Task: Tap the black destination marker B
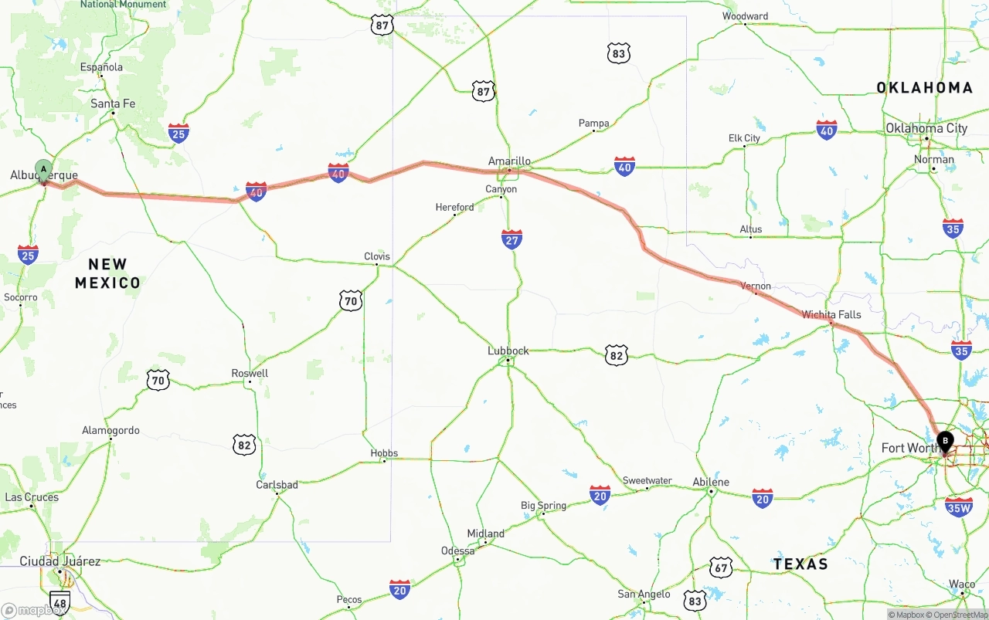pos(945,442)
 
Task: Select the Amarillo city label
pos(509,161)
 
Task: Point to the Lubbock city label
pos(508,351)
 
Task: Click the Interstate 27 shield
pos(511,239)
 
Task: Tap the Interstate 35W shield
pos(959,507)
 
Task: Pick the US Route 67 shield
pos(721,567)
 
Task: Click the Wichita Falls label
pos(831,314)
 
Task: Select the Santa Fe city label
pos(113,103)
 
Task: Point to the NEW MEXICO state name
pos(108,273)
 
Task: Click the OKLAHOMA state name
pos(924,87)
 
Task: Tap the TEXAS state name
pos(800,564)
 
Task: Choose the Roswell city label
pos(250,373)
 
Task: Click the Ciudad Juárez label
pos(60,561)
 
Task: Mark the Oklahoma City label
pos(926,128)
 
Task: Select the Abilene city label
pos(711,482)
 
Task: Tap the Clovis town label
pos(377,256)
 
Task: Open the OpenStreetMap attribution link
pos(960,615)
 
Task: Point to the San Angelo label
pos(644,594)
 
